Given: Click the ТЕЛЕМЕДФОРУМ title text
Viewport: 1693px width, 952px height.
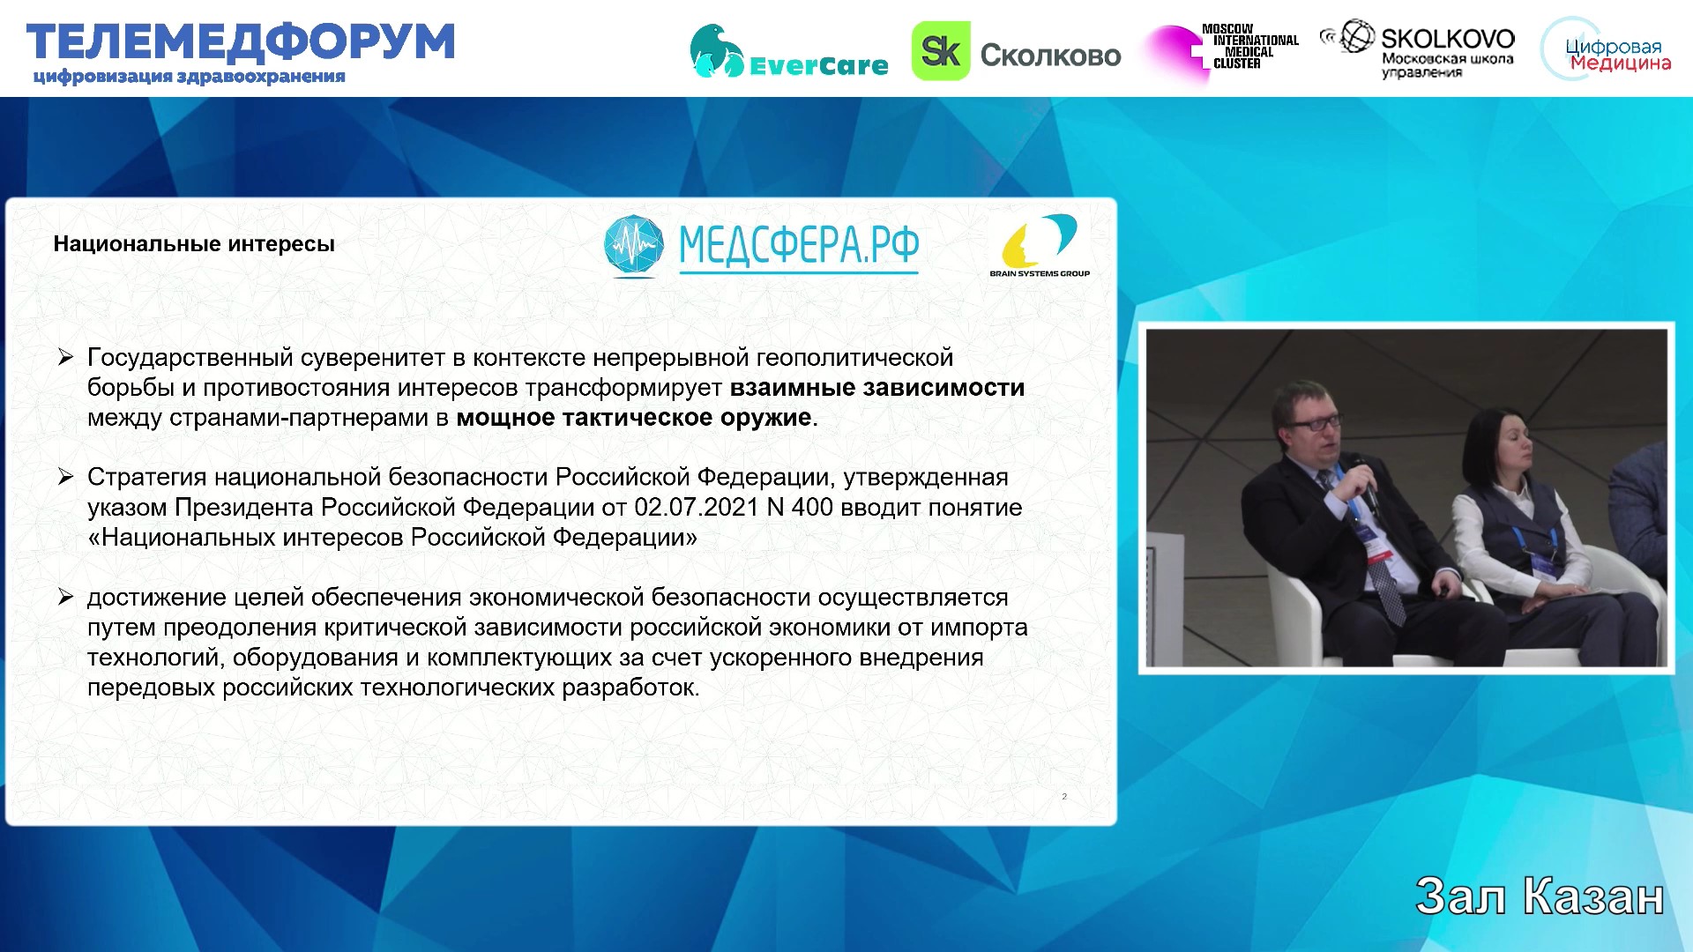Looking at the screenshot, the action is (240, 42).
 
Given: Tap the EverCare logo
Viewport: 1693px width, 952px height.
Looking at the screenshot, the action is (788, 52).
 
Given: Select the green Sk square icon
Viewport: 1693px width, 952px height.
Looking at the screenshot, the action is (940, 51).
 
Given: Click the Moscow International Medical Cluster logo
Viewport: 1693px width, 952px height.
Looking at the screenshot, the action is (1221, 51).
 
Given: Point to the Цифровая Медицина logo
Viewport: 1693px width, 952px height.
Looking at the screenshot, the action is (1607, 50).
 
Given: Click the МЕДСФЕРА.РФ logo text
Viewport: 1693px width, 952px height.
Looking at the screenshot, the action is (798, 245).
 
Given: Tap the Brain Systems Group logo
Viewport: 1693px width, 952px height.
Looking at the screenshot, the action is (1040, 246).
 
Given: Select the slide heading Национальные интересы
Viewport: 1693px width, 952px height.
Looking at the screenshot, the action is (194, 244).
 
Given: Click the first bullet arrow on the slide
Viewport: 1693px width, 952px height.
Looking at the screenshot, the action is (65, 357).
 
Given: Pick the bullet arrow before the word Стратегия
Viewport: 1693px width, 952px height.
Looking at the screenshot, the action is (65, 477).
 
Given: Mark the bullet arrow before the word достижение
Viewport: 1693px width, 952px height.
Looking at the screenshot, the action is (65, 597).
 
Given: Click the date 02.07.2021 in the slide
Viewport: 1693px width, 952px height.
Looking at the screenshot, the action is (697, 508).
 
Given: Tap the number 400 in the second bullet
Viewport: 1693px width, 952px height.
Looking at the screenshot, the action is (812, 508).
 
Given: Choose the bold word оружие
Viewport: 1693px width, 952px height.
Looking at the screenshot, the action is (768, 418).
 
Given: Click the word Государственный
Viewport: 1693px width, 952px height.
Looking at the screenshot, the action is (190, 359).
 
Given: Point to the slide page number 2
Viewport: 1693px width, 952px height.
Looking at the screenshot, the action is (1064, 796).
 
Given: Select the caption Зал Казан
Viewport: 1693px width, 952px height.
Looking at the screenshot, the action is (1540, 896).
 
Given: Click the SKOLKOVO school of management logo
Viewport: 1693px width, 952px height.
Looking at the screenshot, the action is (1418, 49).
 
